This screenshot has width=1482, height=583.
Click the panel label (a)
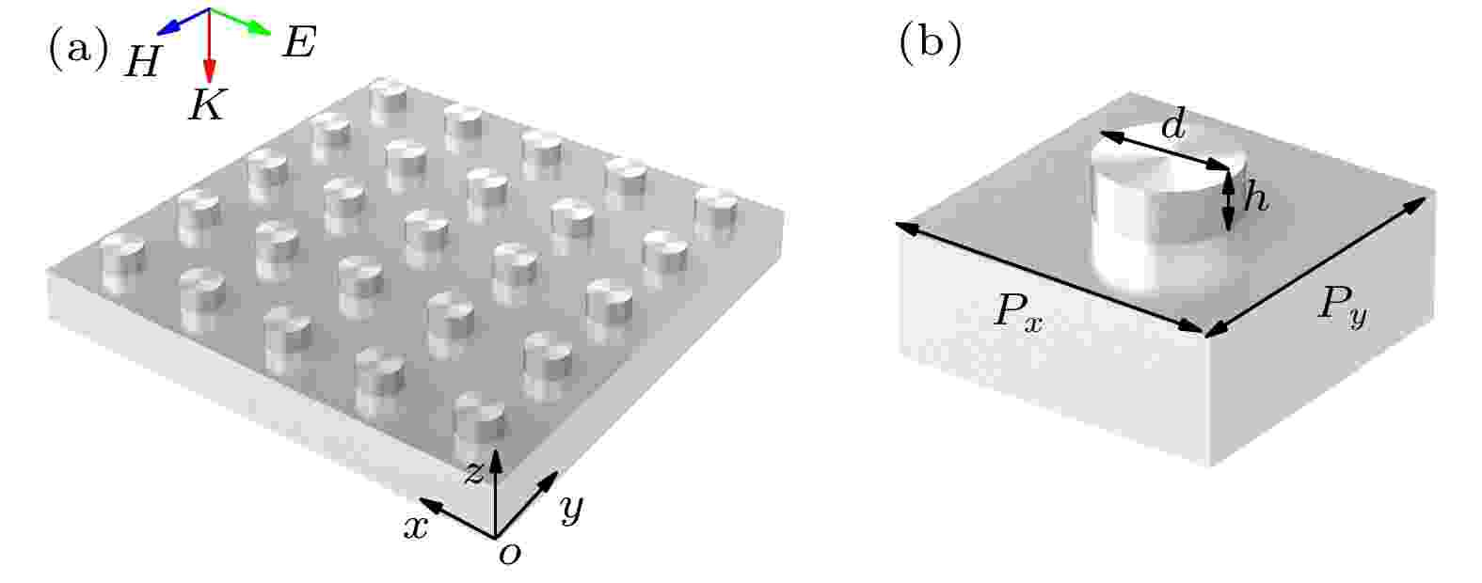click(x=78, y=50)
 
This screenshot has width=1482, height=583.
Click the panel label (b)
click(x=931, y=46)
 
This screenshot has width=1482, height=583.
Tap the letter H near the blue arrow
click(x=143, y=64)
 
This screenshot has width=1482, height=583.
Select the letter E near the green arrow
click(x=299, y=43)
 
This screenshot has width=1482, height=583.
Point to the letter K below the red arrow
click(x=207, y=105)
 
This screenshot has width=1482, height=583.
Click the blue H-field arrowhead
click(x=167, y=27)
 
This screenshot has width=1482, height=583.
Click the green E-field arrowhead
click(x=260, y=28)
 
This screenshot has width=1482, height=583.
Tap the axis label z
click(x=474, y=472)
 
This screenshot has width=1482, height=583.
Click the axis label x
click(x=416, y=528)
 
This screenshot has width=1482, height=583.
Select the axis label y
click(x=572, y=509)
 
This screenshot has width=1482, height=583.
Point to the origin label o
click(x=509, y=554)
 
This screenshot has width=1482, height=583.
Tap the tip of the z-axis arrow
click(x=496, y=449)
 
